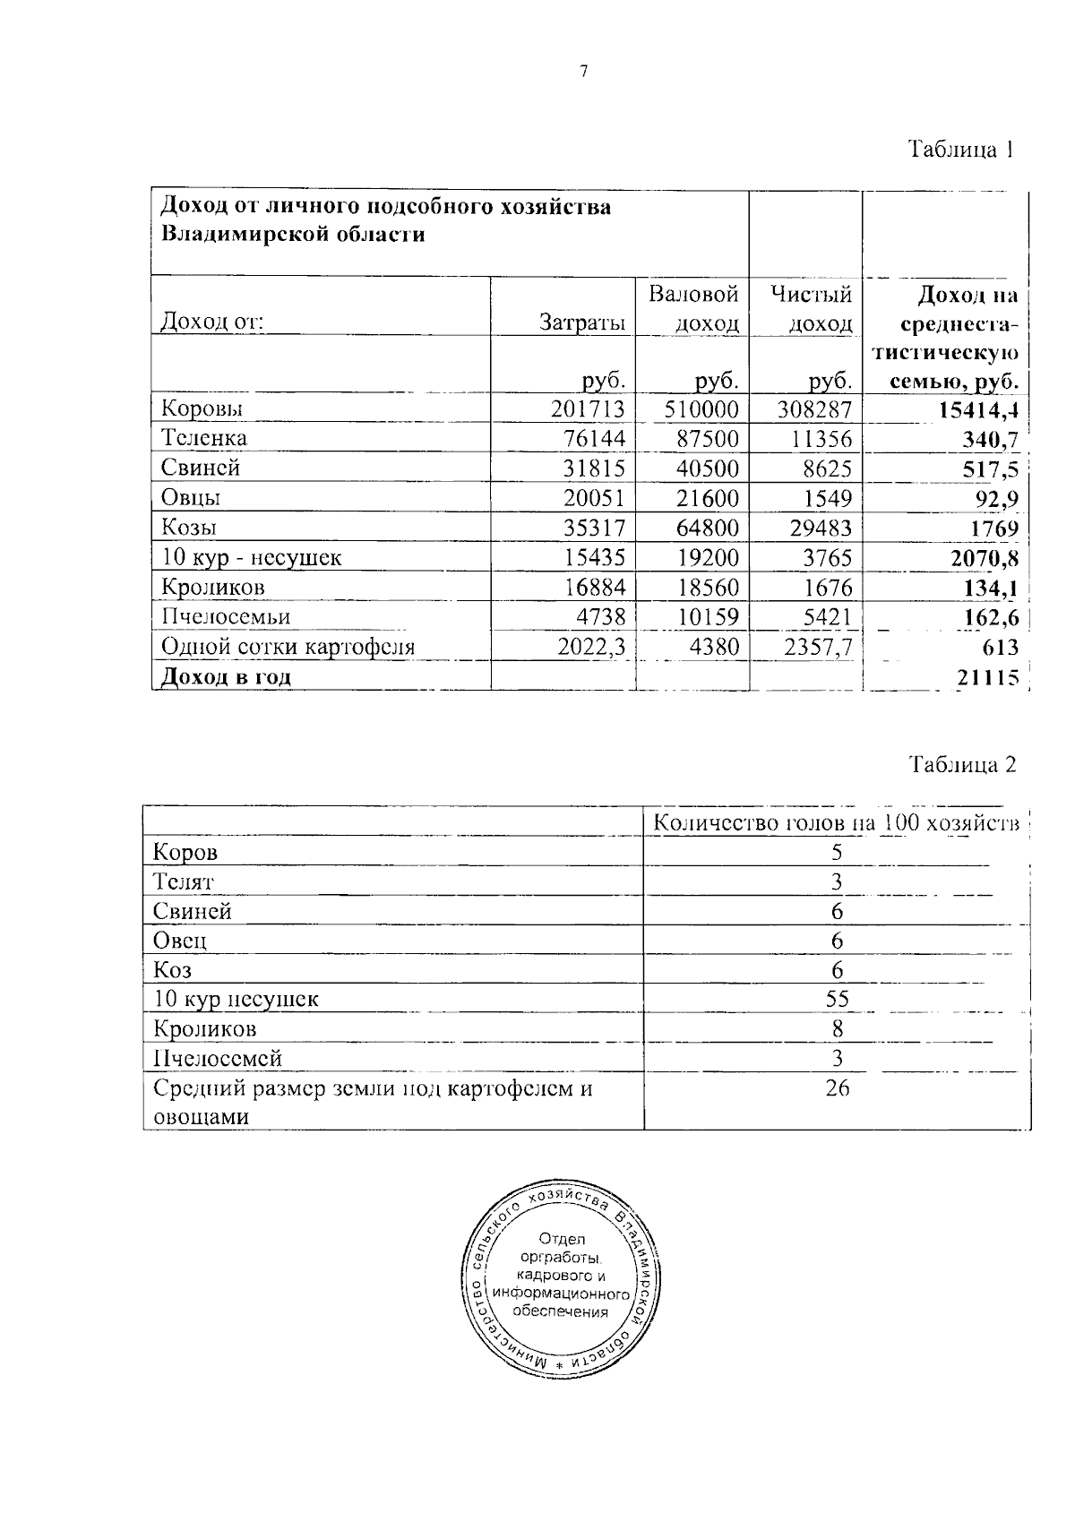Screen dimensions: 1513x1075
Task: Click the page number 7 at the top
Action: tap(584, 73)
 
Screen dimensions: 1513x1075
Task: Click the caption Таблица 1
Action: tap(961, 149)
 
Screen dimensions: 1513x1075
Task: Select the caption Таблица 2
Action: tap(963, 764)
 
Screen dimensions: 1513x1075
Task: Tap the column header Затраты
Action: tap(582, 322)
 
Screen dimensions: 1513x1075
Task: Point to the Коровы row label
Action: tap(202, 409)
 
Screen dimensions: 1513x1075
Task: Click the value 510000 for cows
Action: tap(701, 409)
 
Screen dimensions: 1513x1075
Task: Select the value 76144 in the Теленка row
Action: tap(592, 439)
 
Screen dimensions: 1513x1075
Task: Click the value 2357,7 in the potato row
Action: tap(817, 647)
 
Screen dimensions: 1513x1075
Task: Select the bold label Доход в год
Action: tap(226, 677)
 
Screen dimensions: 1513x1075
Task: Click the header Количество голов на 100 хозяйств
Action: tap(836, 822)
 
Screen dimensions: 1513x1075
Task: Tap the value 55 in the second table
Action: tap(837, 999)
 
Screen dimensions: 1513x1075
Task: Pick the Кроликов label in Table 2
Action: tap(205, 1028)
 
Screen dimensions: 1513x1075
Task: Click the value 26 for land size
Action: tap(837, 1087)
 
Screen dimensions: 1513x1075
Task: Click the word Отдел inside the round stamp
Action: tap(563, 1239)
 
